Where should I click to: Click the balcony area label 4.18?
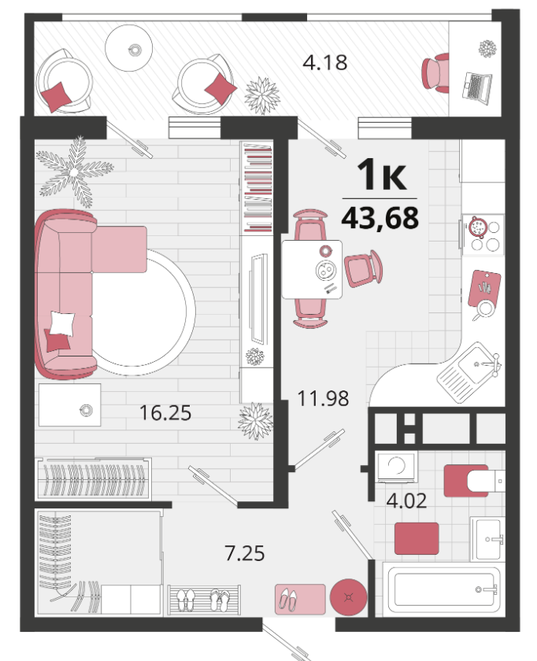pos(325,62)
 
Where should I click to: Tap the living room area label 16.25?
pos(165,412)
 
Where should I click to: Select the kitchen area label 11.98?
pos(323,398)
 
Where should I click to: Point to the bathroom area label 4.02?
pos(406,500)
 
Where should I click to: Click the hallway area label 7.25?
pos(245,553)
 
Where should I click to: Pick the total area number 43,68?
pos(380,217)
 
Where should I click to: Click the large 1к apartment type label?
pos(382,175)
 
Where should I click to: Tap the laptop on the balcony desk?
pos(477,87)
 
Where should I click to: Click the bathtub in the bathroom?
pos(445,589)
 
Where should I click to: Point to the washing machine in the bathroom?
pos(397,467)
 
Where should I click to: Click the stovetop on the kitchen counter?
pos(483,235)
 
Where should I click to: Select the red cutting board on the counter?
pos(485,288)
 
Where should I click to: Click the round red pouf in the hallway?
pos(349,597)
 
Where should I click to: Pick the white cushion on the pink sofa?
pos(62,323)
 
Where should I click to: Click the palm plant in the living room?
pos(75,172)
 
